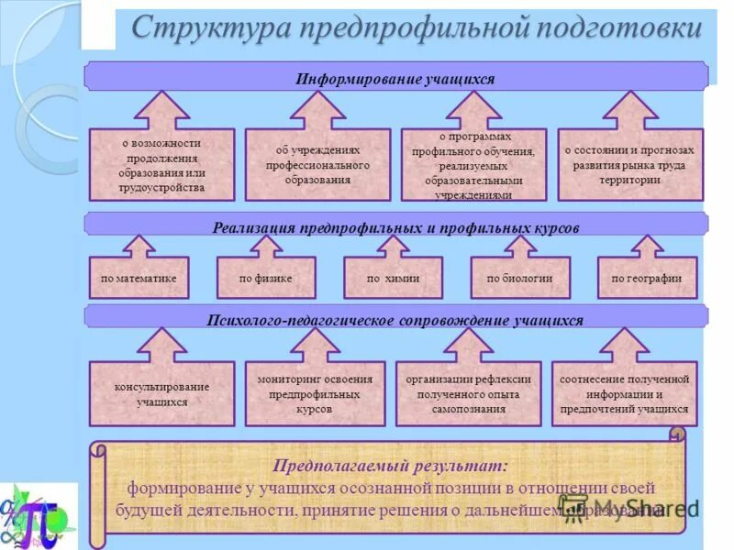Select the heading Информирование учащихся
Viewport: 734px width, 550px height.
pos(395,79)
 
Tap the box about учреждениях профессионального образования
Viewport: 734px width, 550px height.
pos(317,165)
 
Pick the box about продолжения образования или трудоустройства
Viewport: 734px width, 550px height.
pos(161,166)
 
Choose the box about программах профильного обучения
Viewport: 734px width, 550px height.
pos(473,166)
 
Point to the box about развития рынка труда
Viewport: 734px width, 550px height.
pos(629,165)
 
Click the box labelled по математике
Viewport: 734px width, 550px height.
pos(139,278)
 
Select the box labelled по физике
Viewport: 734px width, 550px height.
pos(266,278)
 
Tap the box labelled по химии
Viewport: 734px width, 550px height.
pos(393,278)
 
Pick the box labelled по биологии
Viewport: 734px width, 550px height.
pos(520,278)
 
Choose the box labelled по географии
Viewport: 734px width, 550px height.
pos(647,278)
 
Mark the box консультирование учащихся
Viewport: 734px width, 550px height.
pos(161,394)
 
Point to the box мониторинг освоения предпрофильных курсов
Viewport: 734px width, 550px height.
pos(315,394)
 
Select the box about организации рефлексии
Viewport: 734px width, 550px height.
pos(469,394)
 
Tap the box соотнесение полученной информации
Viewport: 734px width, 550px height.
pos(624,394)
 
